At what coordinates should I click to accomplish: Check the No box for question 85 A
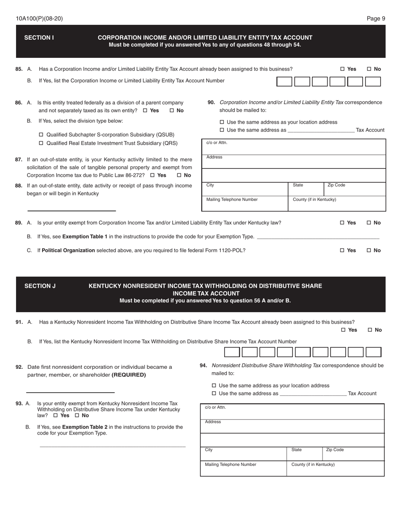point(369,69)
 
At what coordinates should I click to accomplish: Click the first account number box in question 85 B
point(284,81)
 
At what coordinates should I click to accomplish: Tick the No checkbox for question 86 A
point(172,111)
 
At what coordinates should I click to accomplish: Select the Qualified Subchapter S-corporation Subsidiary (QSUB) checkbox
point(41,135)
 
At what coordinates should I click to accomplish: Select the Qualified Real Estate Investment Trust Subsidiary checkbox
point(41,143)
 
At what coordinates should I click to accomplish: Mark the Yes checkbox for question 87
point(152,175)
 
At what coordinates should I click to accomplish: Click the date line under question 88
point(71,206)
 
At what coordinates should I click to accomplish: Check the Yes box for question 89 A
point(342,223)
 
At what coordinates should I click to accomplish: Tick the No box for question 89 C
point(369,251)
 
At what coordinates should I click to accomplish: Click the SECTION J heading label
point(40,286)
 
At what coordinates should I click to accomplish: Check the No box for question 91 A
point(370,330)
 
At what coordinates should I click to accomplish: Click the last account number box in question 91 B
point(373,352)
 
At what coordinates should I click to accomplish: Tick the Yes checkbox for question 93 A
point(55,416)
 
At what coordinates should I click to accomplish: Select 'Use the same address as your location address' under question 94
point(214,386)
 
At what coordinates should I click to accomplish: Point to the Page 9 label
point(376,19)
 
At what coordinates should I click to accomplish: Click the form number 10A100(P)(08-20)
point(39,19)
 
